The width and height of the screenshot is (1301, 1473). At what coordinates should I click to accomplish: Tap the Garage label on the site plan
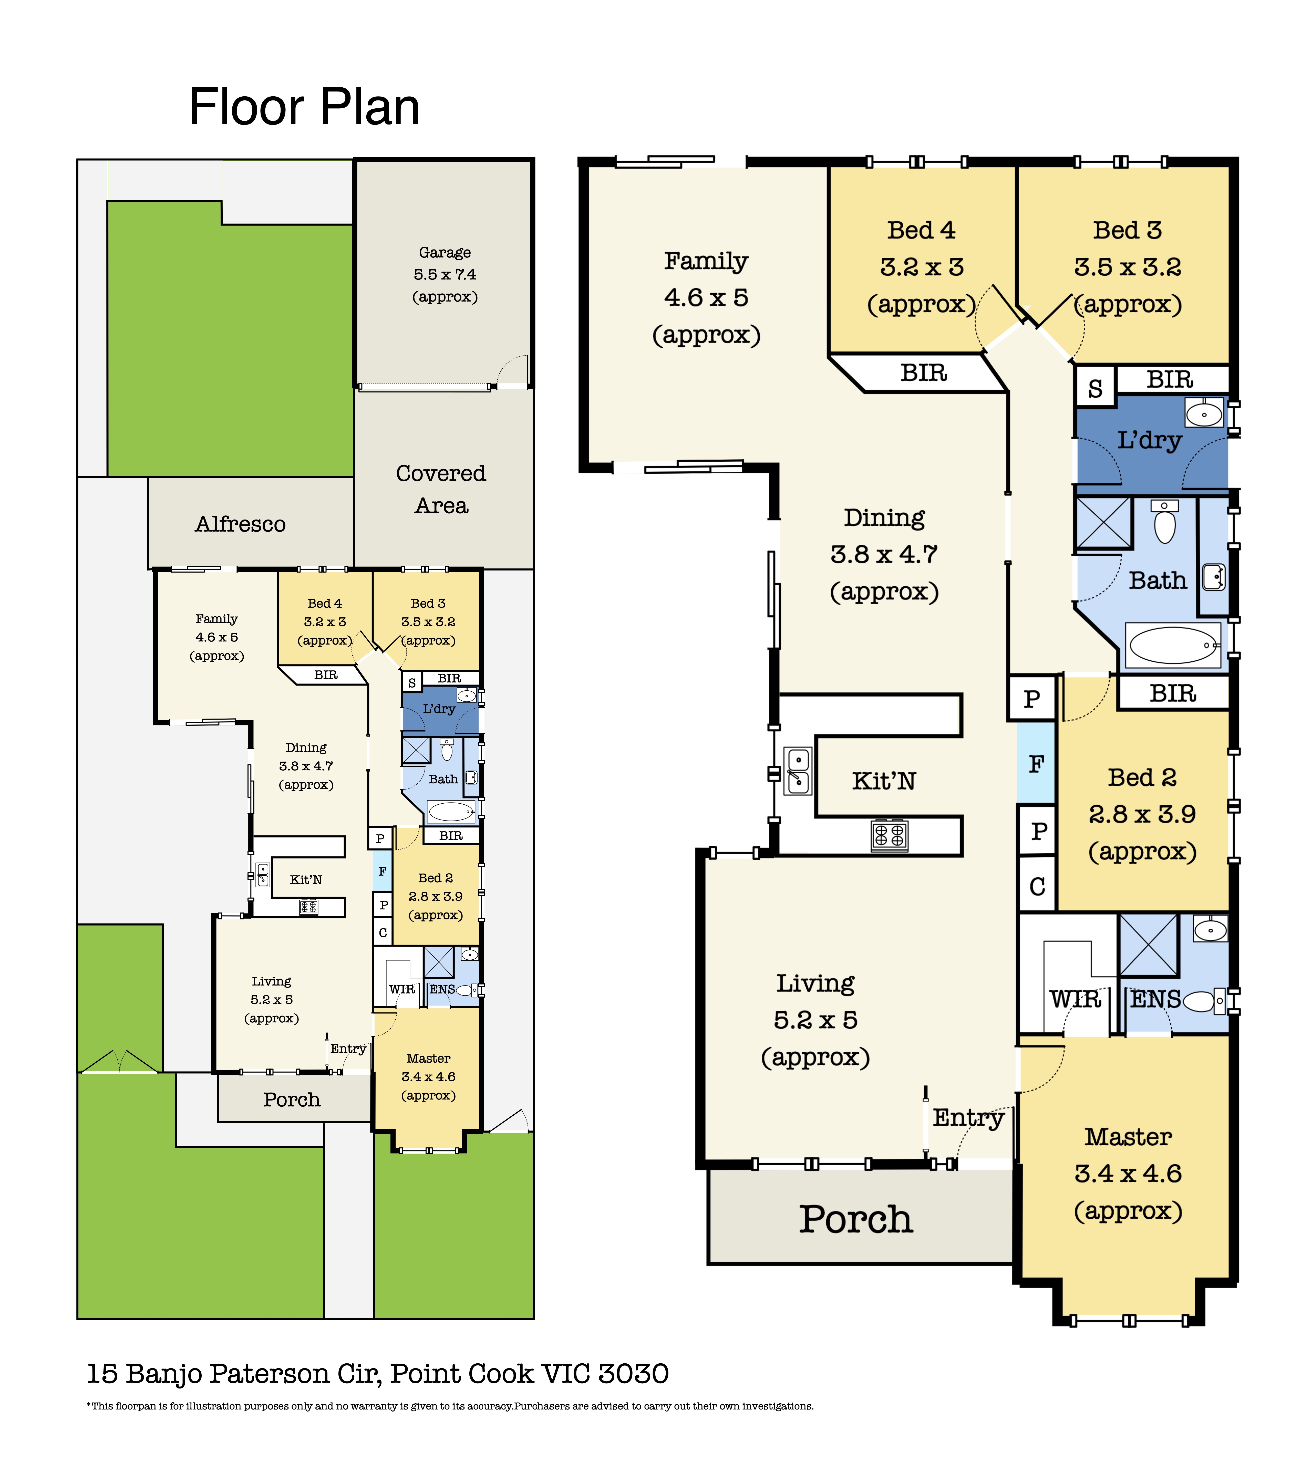click(x=445, y=252)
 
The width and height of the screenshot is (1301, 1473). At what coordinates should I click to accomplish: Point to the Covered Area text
click(x=441, y=489)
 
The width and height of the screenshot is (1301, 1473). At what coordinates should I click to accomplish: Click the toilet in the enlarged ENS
click(x=1204, y=1001)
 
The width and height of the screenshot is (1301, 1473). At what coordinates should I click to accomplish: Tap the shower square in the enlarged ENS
click(x=1148, y=945)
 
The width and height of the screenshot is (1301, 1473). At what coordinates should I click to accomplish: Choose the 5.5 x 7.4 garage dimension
click(x=445, y=275)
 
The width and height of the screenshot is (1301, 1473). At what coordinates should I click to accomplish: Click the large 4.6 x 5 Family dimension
click(x=706, y=298)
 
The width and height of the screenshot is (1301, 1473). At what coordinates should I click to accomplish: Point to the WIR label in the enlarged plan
click(x=1075, y=1000)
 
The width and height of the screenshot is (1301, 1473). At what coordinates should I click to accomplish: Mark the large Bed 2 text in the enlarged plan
click(x=1142, y=777)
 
